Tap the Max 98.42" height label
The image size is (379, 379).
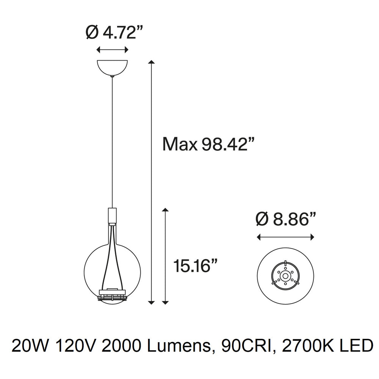point(208,144)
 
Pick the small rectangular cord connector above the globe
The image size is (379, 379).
point(112,216)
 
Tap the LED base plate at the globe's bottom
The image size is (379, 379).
point(112,294)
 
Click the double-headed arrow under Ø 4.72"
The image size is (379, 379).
point(112,50)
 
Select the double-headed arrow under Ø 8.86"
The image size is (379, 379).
point(286,237)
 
